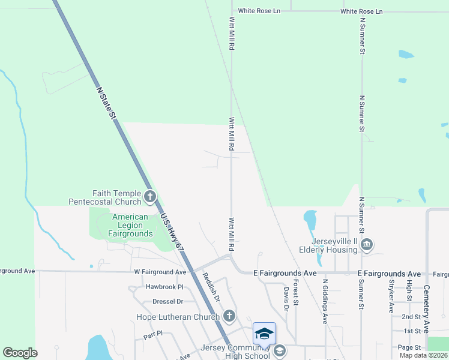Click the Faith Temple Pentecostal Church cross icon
coord(149,196)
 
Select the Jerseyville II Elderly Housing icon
coord(367,244)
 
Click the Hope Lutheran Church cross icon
coord(229,316)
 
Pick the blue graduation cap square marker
coord(264,334)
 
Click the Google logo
coord(20,353)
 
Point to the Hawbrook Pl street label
coord(164,287)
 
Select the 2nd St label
coord(411,316)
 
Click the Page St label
coord(409,347)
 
